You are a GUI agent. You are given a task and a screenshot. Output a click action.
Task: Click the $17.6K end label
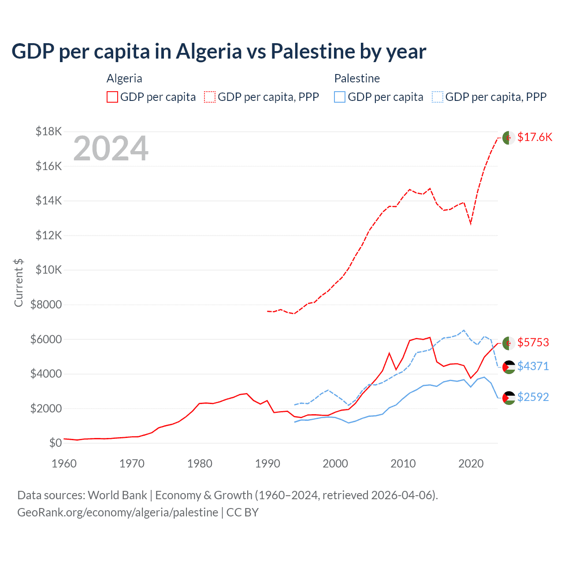tap(534, 137)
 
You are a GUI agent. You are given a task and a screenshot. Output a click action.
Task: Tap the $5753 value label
tap(533, 343)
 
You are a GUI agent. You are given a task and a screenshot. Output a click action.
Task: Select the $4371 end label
tap(533, 366)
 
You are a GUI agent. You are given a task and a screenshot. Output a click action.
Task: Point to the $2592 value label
tap(533, 397)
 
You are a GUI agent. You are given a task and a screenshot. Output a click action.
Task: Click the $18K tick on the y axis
tap(48, 131)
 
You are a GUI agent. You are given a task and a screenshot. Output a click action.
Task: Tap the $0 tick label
tap(55, 443)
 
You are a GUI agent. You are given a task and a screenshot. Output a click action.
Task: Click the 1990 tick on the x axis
tap(267, 464)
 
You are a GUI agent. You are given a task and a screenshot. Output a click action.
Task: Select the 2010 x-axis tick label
tap(403, 464)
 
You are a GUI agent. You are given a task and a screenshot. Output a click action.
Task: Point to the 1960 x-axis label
tap(64, 464)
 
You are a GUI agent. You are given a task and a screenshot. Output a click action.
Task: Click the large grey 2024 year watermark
tap(111, 148)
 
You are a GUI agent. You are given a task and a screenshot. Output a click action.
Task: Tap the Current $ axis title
tap(19, 282)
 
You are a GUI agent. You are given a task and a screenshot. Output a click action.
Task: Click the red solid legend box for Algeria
tap(112, 97)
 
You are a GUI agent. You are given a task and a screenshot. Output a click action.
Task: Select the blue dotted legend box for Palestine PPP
tap(438, 97)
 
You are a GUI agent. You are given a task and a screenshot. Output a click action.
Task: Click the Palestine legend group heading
tap(357, 78)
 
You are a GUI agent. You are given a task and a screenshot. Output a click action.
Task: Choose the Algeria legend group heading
tap(124, 78)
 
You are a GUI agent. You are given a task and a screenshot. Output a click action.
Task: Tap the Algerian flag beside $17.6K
tap(508, 137)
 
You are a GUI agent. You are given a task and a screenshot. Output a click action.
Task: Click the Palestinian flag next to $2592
tap(508, 397)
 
